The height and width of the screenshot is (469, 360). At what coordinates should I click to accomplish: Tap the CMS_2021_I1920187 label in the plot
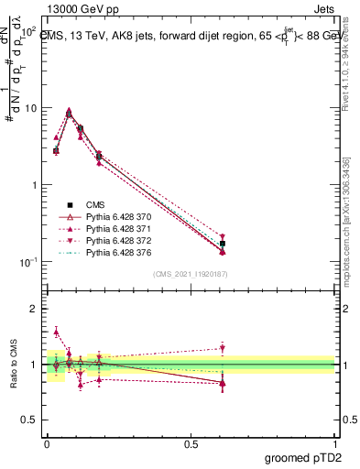(191, 274)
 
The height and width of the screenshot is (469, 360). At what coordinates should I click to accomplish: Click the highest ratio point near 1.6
(56, 333)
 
